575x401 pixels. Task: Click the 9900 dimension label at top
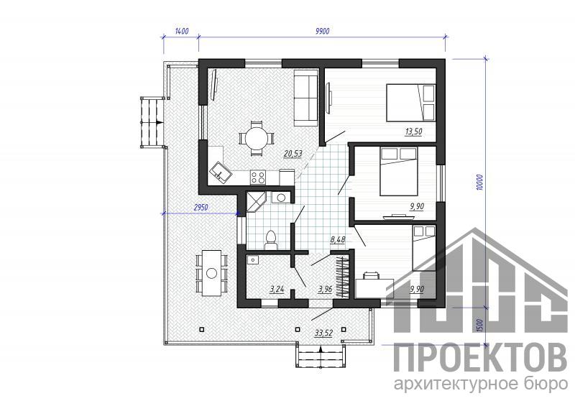click(322, 31)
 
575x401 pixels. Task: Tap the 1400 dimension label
click(182, 31)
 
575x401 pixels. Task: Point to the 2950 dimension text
click(201, 208)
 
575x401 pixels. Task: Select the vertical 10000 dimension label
click(481, 182)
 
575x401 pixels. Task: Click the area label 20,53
click(293, 154)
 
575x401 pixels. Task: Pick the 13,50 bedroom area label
click(413, 132)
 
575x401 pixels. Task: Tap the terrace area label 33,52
click(323, 333)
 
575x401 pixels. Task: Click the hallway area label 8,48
click(338, 240)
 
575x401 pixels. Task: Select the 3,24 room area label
click(277, 289)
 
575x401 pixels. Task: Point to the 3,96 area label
click(325, 289)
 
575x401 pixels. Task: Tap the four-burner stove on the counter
click(258, 178)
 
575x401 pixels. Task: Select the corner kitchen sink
click(221, 172)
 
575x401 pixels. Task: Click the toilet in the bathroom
click(271, 241)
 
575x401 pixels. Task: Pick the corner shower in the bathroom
click(257, 202)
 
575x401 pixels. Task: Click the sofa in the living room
click(306, 98)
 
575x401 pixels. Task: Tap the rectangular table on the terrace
click(212, 273)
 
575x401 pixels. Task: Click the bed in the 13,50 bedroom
click(410, 103)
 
